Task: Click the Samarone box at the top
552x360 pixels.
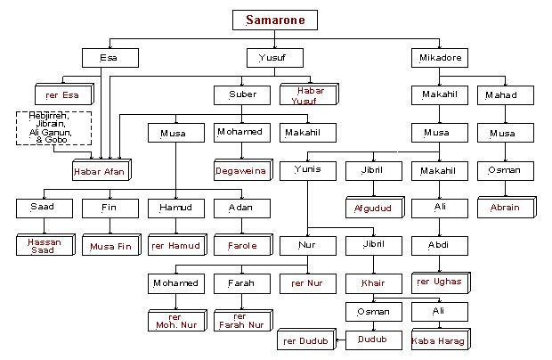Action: (x=274, y=20)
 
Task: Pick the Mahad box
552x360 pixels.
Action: (x=502, y=94)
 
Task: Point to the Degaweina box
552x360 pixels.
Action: (x=240, y=170)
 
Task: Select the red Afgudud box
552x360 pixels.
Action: (x=372, y=208)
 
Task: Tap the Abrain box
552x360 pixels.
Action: (x=503, y=208)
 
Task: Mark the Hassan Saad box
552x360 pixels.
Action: (x=43, y=245)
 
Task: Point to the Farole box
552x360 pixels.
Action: (x=240, y=245)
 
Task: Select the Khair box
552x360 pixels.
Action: (x=372, y=282)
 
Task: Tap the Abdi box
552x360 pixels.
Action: (x=437, y=244)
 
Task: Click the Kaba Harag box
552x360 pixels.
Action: (x=437, y=340)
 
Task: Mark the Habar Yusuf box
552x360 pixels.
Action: (x=306, y=95)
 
